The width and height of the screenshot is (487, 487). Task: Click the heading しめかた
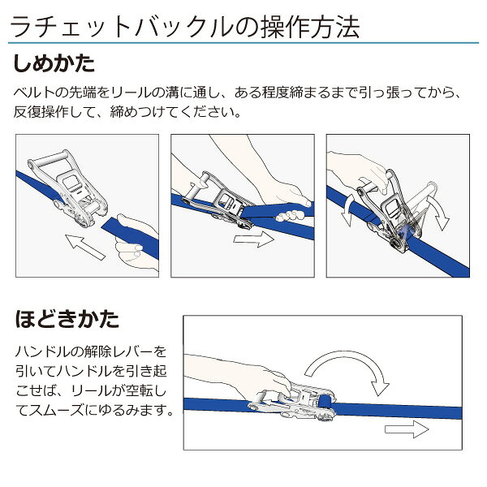point(54,63)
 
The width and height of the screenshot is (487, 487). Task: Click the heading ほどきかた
point(67,319)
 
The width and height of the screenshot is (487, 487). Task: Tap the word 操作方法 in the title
point(310,28)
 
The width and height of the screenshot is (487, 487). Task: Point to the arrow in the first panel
point(85,247)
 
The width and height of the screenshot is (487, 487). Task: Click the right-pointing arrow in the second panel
point(253,239)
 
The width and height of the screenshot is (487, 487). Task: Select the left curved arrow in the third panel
point(348,210)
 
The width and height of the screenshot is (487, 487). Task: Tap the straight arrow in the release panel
point(407,429)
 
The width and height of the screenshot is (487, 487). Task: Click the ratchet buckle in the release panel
point(292,403)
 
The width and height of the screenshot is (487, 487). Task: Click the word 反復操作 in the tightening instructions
point(41,112)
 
